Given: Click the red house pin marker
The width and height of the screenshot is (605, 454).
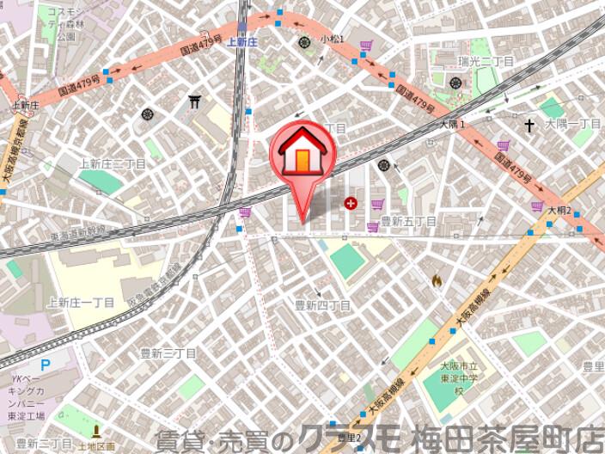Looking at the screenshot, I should point(302,155).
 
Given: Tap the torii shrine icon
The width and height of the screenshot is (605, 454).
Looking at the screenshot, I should point(195,102).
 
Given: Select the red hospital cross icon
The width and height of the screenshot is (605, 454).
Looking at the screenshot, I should point(350,204).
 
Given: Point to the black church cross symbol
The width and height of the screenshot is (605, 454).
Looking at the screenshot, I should point(530,126).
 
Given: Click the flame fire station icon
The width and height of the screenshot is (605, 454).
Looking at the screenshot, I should point(437,280).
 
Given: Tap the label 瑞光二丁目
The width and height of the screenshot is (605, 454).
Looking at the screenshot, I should point(486,62).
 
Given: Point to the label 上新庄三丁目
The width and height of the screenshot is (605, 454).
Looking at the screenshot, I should point(112,163).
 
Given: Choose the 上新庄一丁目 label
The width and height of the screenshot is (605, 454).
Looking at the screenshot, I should point(81,302).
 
